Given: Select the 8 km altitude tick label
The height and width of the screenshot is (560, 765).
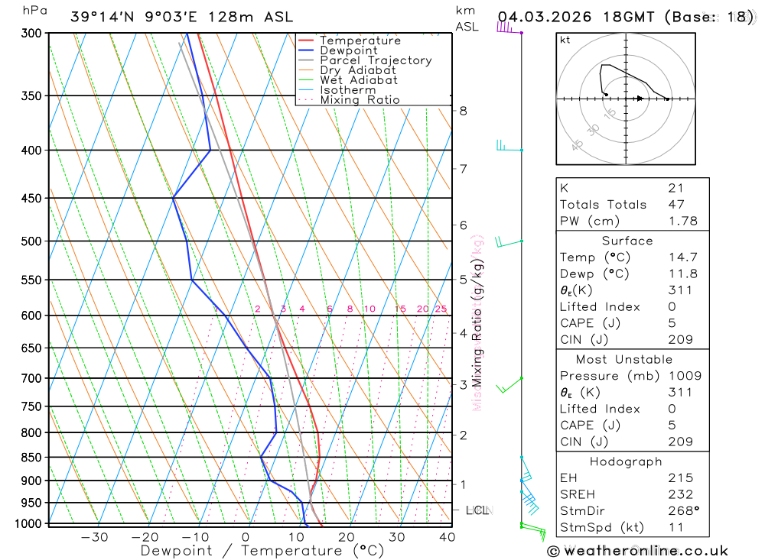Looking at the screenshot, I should coord(463,111).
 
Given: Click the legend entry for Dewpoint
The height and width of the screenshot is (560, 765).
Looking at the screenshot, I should coord(349,50).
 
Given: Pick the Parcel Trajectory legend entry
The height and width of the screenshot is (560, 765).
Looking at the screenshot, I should coord(376,60).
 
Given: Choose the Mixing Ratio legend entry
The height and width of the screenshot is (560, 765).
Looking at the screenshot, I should coord(360,100).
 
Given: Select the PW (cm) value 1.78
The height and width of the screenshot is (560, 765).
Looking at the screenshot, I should coord(682,221).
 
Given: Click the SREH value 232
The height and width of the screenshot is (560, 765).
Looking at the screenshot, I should coord(680,494).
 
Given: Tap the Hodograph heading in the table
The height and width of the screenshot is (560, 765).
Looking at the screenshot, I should coord(626,461).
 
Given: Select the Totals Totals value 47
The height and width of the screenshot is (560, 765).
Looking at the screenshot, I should coord(676,205).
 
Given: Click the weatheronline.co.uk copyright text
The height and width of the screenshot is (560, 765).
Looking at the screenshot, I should coord(638,551).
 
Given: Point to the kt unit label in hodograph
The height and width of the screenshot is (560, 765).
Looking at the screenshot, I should coord(565,40).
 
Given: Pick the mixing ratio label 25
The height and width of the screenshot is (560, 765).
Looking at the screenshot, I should coord(441,309).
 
